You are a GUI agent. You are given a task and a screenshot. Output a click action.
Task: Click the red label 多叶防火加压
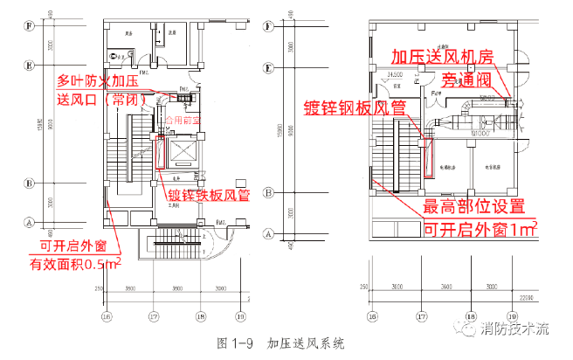coord(97,80)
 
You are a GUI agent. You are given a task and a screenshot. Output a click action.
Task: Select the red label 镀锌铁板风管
coord(205,197)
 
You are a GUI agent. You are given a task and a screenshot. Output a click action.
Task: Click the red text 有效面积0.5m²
coord(76,263)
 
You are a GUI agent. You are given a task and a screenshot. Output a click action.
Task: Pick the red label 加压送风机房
coord(443,57)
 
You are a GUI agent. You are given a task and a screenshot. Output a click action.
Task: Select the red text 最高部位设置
coord(474,207)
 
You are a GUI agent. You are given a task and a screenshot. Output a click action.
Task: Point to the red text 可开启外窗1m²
coord(480,229)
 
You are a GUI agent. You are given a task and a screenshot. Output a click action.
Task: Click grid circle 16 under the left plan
coord(107,315)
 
